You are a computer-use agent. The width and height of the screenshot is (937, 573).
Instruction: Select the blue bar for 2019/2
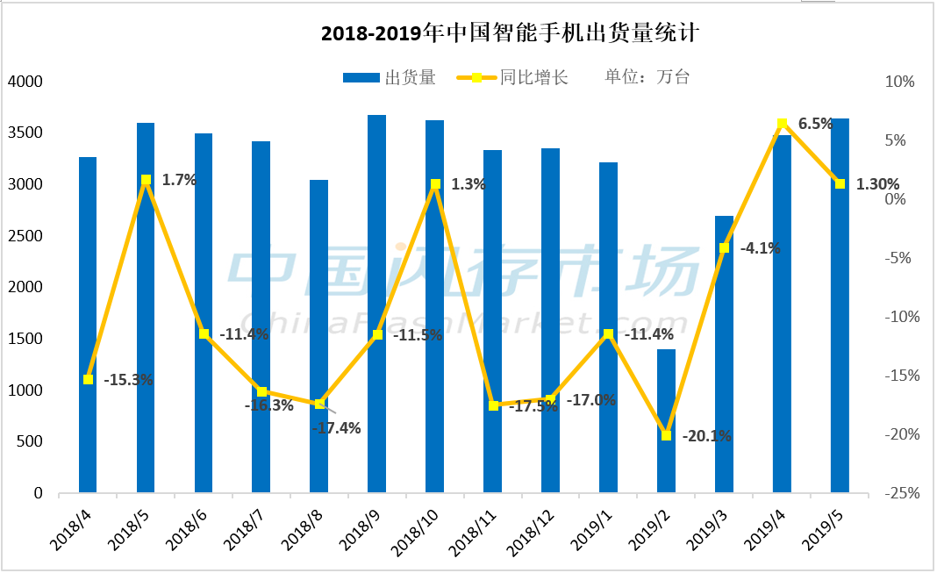coord(667,421)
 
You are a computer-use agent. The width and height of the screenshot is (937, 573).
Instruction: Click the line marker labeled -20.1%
coord(667,435)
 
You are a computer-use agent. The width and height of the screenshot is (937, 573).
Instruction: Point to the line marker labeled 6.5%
coord(783,124)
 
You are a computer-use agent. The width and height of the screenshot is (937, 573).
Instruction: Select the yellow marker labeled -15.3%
coord(88,379)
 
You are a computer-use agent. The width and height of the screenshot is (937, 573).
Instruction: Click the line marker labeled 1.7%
coord(146,180)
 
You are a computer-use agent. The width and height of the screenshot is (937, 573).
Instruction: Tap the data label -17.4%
coord(336,428)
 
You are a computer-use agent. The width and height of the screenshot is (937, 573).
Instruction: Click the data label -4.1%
coord(760,248)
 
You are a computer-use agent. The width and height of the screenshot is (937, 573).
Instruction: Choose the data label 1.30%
coord(877,184)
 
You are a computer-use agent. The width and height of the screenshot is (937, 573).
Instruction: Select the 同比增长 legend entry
coord(512,77)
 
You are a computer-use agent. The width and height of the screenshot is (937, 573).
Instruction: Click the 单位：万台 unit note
coord(647,77)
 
